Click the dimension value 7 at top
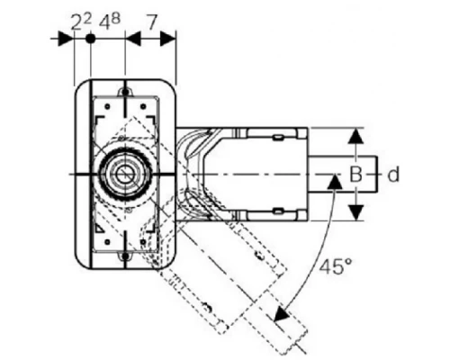152,22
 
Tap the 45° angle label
335,266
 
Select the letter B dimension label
355,175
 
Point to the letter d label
393,175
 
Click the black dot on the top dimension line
90,39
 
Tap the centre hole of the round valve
123,175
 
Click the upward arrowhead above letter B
355,136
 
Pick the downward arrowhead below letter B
355,212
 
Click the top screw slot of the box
125,90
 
